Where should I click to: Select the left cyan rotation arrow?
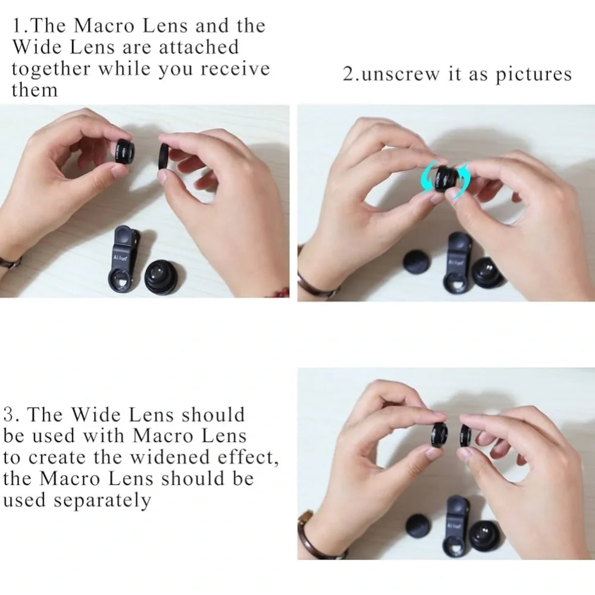[x=429, y=177]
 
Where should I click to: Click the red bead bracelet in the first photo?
[x=280, y=292]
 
